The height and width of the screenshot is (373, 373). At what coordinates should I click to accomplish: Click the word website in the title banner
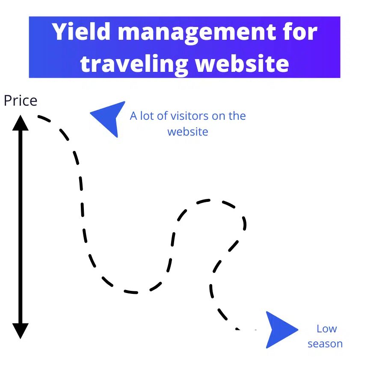(242, 62)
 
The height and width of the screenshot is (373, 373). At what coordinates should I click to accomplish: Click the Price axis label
(20, 101)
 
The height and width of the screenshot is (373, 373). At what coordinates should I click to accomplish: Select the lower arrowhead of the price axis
(20, 331)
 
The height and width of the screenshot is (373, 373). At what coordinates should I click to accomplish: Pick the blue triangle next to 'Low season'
(279, 329)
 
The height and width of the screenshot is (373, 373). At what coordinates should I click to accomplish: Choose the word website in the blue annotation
(188, 131)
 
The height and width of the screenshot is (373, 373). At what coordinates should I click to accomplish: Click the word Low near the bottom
(326, 329)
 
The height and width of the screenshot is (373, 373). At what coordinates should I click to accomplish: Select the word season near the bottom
(325, 344)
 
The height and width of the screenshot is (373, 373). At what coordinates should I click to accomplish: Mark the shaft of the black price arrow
(20, 227)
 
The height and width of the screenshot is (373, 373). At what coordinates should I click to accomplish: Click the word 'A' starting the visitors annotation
(133, 116)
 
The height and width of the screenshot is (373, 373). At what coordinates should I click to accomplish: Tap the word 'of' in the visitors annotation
(162, 116)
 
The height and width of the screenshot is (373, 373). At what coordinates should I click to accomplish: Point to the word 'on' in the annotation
(221, 116)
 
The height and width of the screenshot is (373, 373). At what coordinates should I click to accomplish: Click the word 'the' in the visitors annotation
(238, 116)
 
